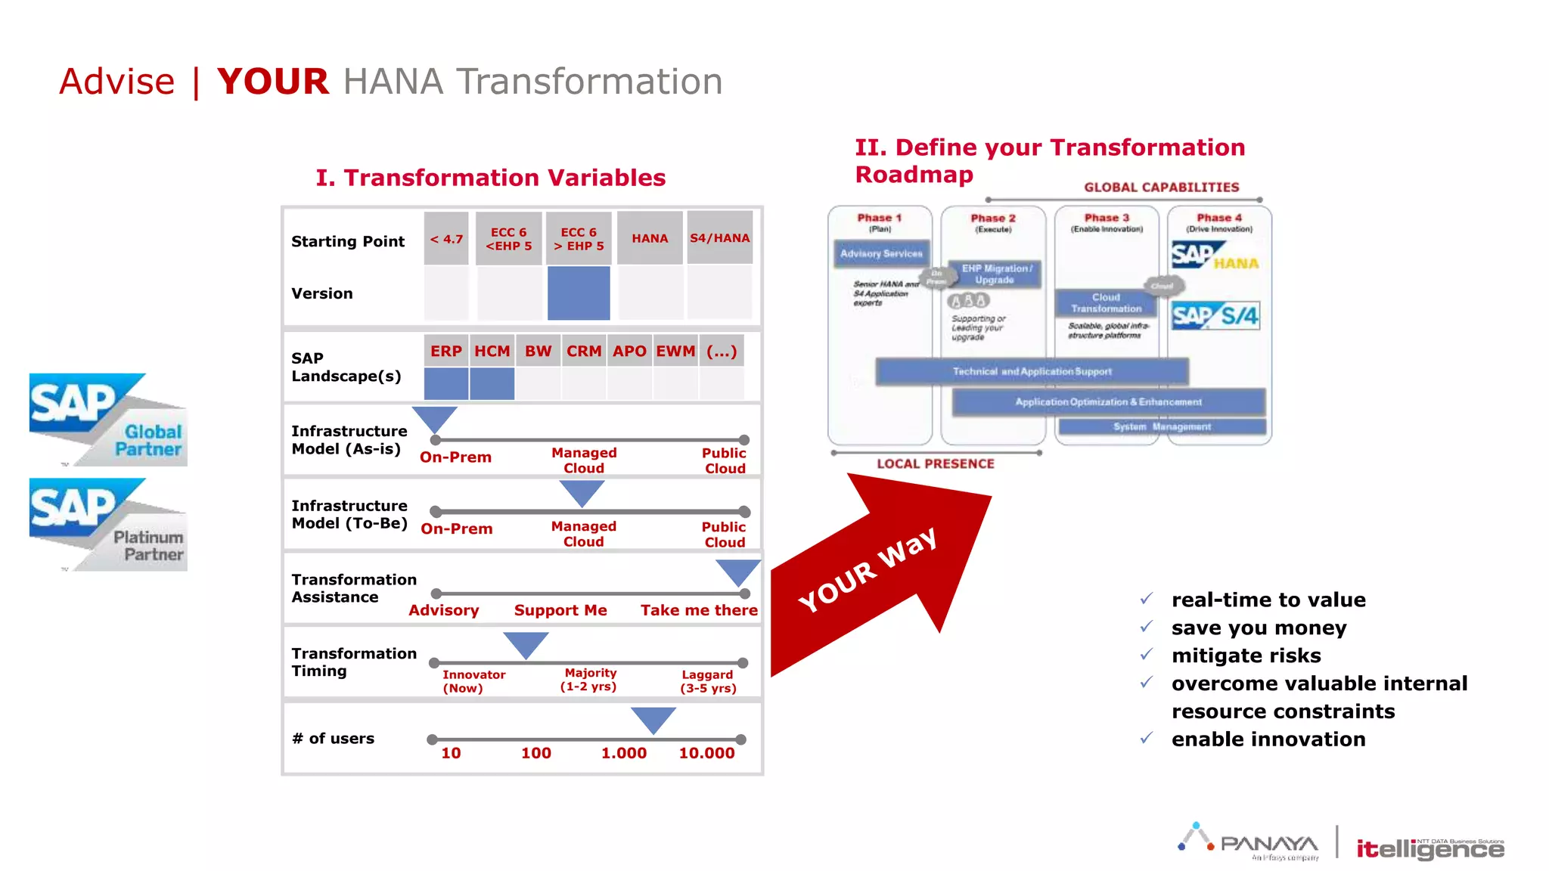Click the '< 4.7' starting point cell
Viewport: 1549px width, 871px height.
point(446,239)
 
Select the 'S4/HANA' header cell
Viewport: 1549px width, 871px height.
point(719,238)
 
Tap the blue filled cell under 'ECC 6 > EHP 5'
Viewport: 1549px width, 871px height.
point(579,293)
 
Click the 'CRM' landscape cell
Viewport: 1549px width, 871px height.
point(584,352)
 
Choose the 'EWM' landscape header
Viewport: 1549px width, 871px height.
point(675,352)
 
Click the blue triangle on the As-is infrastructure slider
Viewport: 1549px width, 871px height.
point(435,418)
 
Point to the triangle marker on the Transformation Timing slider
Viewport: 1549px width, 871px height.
point(526,644)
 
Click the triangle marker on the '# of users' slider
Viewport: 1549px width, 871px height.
point(653,718)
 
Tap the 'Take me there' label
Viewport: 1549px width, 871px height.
point(699,610)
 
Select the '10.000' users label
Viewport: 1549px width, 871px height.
point(706,753)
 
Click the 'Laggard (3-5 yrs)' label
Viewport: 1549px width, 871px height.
point(708,681)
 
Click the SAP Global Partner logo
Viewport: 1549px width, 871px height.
point(108,420)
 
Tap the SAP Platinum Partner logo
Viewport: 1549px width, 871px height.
point(108,524)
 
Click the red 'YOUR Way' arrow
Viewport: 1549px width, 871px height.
point(877,575)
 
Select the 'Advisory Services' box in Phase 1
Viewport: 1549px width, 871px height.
point(881,254)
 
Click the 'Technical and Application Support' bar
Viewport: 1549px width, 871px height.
point(1032,372)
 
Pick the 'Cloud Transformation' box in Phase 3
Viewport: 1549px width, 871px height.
point(1106,303)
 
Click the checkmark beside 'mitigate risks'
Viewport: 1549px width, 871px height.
point(1147,655)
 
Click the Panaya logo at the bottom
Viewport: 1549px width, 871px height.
point(1249,842)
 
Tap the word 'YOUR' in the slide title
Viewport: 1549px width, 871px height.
point(273,82)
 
